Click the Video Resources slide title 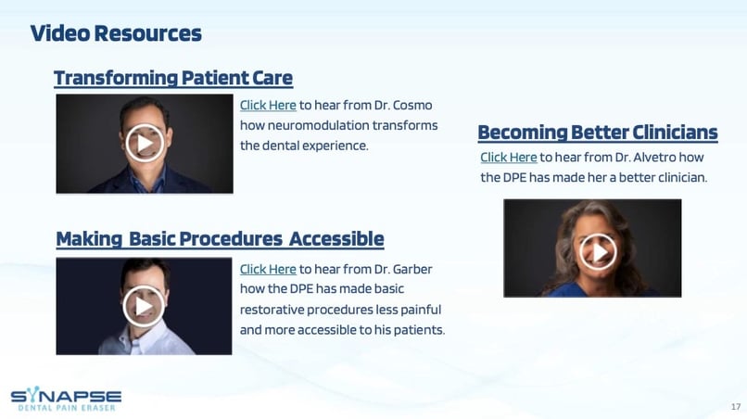click(116, 33)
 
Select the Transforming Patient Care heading click(173, 78)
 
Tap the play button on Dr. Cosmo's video click(145, 143)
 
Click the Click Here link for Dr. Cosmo click(268, 106)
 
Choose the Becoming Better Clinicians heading click(598, 133)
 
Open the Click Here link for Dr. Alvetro click(508, 158)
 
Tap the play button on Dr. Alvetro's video click(599, 252)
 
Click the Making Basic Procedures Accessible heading click(220, 239)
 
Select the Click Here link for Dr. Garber click(268, 270)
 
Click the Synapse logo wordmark click(66, 395)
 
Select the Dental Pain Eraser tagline click(67, 408)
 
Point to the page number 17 click(736, 407)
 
